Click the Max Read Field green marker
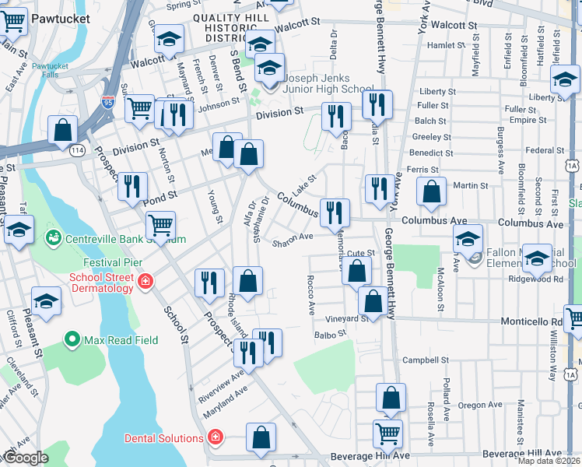pos(72,339)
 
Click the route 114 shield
pos(79,149)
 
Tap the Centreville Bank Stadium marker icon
pos(54,236)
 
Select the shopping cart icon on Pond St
pos(160,224)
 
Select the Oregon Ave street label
pos(479,405)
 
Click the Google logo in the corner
pos(25,458)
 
